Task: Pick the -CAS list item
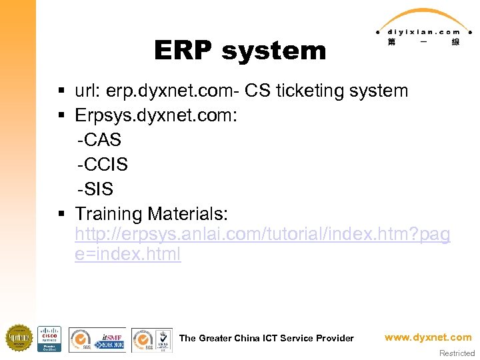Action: click(x=99, y=140)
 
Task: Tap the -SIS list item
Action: click(x=95, y=189)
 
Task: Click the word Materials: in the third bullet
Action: click(x=188, y=214)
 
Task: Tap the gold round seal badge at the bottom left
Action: click(x=19, y=338)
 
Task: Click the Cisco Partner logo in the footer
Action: click(x=49, y=339)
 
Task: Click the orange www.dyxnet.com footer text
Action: click(x=428, y=337)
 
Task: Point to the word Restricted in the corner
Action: click(x=457, y=353)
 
